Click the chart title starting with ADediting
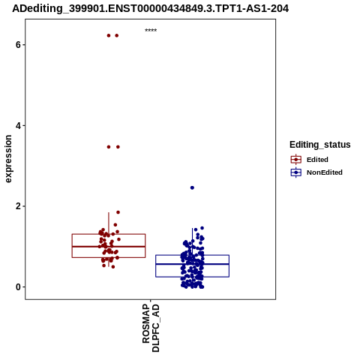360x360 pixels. tap(150, 8)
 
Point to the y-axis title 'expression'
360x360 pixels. tap(8, 159)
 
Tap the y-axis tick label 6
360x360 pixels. tap(18, 45)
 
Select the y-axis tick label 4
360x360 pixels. tap(18, 125)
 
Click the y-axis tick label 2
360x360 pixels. tap(18, 206)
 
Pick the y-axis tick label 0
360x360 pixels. tap(18, 287)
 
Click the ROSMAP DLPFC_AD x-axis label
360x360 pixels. tap(151, 328)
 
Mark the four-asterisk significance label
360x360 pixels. tap(151, 30)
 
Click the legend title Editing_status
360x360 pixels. tap(320, 145)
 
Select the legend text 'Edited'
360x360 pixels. tap(317, 160)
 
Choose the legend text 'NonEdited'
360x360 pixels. tap(325, 172)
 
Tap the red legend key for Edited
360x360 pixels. tap(296, 160)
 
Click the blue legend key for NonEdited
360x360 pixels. tap(296, 172)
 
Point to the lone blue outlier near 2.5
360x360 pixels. tap(192, 187)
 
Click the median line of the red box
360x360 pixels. tap(109, 247)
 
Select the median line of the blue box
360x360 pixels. tap(192, 264)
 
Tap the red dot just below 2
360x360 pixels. tap(118, 212)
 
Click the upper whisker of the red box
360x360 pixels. tap(109, 223)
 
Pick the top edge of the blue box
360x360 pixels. tap(192, 255)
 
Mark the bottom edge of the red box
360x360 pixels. tap(109, 257)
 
